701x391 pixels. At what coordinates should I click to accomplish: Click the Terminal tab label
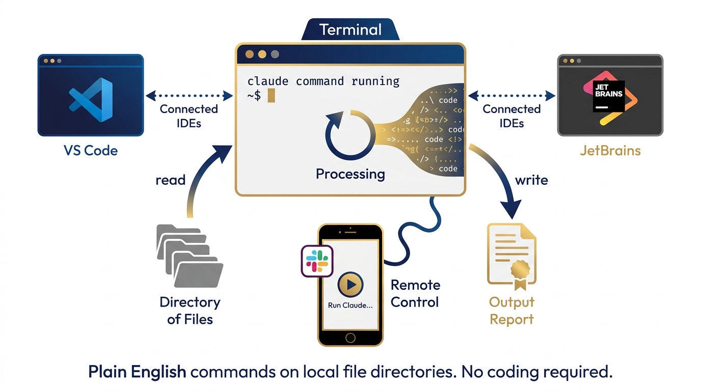350,30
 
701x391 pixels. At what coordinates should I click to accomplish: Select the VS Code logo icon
91,100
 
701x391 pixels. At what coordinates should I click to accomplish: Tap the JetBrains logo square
609,96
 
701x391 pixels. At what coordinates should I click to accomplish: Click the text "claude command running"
323,81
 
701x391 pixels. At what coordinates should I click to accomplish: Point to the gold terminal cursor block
271,95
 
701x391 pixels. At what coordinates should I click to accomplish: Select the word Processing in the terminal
350,174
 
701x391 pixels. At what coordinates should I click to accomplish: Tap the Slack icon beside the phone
317,261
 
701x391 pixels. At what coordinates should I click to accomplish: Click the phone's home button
350,337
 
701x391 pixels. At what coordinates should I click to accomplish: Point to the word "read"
171,180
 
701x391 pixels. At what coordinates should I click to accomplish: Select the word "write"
531,180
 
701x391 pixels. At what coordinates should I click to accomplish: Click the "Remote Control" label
415,294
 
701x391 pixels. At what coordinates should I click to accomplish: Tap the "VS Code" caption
91,151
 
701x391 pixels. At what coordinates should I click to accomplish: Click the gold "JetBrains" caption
610,151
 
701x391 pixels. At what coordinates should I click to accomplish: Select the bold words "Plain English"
137,372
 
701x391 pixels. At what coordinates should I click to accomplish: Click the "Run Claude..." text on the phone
350,305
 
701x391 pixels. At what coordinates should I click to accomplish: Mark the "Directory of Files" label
190,311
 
